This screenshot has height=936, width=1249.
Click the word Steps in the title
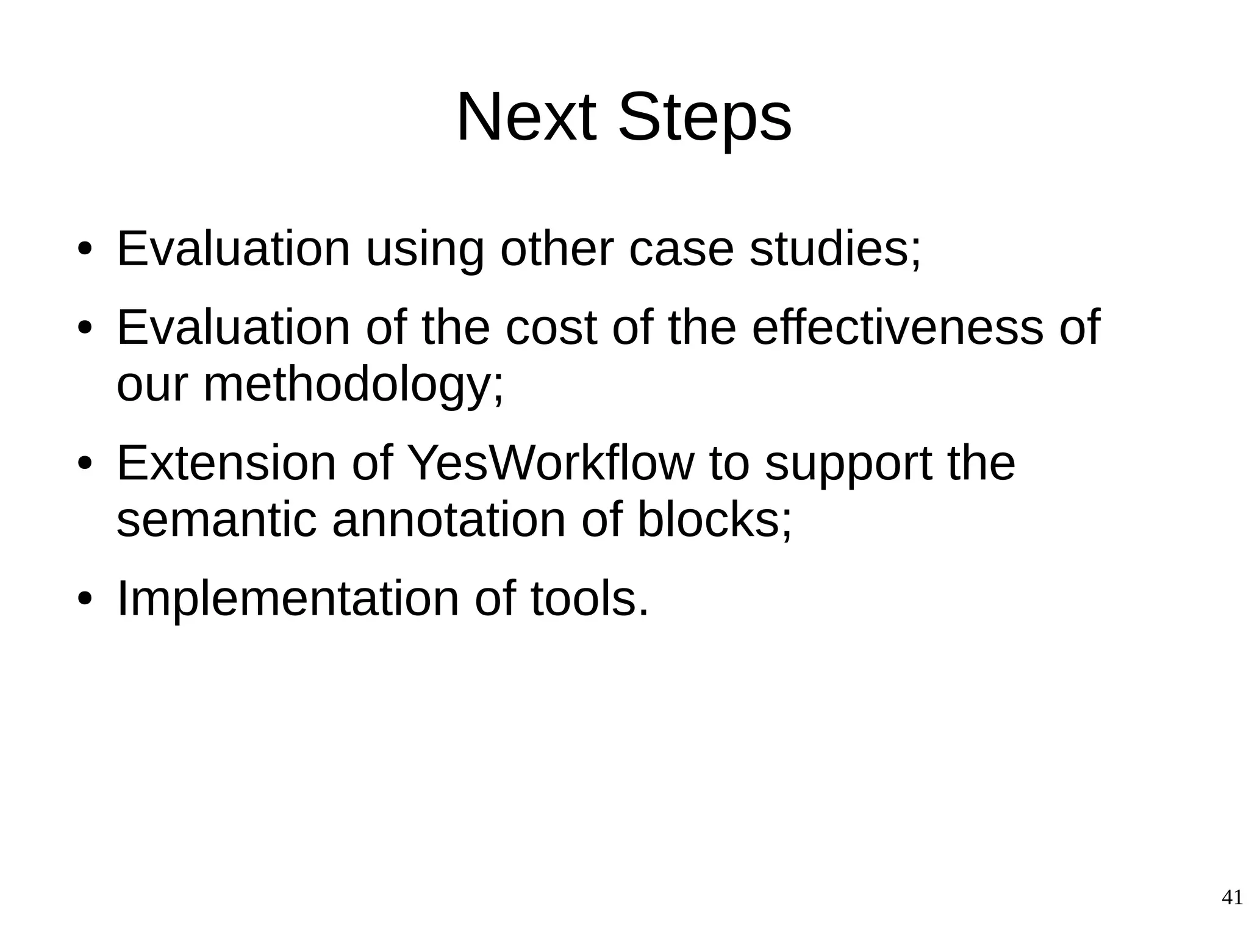click(x=704, y=116)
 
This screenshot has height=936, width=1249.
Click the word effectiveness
click(x=898, y=327)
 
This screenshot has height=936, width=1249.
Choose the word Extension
click(x=226, y=463)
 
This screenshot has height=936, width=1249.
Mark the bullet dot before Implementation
click(x=85, y=599)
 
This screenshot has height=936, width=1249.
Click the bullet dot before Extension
click(x=85, y=464)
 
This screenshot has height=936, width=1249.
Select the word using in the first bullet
click(x=424, y=250)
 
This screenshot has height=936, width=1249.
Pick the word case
click(x=681, y=250)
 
